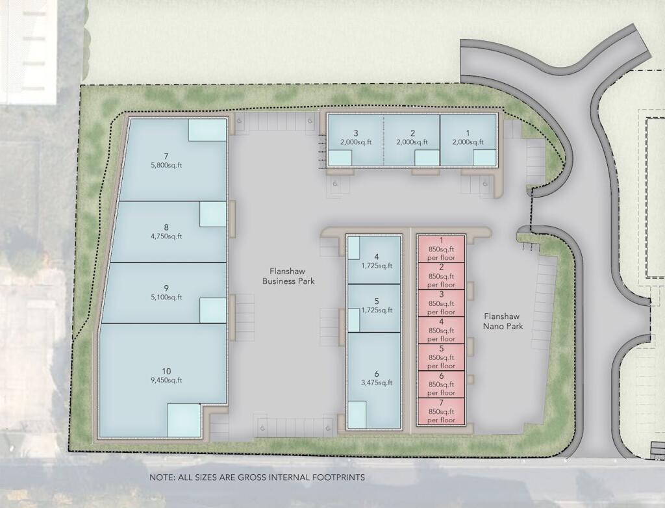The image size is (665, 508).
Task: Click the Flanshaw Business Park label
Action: pyautogui.click(x=288, y=276)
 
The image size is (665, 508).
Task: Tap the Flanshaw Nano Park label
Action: pyautogui.click(x=503, y=322)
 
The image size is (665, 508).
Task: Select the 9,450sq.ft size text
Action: pyautogui.click(x=166, y=380)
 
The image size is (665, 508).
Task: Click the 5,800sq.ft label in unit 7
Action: pyautogui.click(x=166, y=166)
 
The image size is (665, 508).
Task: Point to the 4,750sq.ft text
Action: pyautogui.click(x=166, y=236)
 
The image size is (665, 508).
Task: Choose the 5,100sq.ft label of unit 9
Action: pyautogui.click(x=166, y=297)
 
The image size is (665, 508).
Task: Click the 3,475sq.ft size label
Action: pyautogui.click(x=377, y=383)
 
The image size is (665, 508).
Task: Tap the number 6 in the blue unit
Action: pyautogui.click(x=377, y=374)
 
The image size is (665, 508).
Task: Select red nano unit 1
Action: pyautogui.click(x=441, y=249)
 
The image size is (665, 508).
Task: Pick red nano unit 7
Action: pyautogui.click(x=441, y=411)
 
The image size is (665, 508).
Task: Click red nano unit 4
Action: pyautogui.click(x=441, y=330)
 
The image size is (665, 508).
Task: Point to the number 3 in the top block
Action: pyautogui.click(x=356, y=133)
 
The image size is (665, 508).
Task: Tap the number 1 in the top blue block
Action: pyautogui.click(x=468, y=133)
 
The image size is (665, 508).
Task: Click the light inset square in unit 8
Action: pyautogui.click(x=213, y=214)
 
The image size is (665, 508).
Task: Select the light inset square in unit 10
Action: pyautogui.click(x=184, y=420)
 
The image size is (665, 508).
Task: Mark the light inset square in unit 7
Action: pyautogui.click(x=207, y=130)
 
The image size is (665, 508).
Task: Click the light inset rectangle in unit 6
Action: pyautogui.click(x=357, y=414)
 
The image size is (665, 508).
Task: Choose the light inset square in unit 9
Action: pyautogui.click(x=213, y=311)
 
